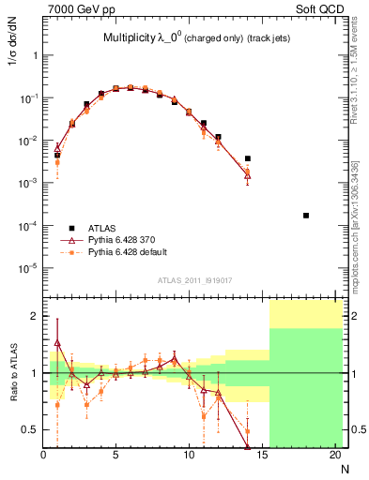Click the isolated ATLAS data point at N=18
click(x=306, y=216)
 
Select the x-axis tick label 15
click(x=262, y=456)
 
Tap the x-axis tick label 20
click(x=335, y=456)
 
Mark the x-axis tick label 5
click(x=115, y=456)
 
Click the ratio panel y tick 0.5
click(x=30, y=429)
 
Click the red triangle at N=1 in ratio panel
click(x=57, y=343)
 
